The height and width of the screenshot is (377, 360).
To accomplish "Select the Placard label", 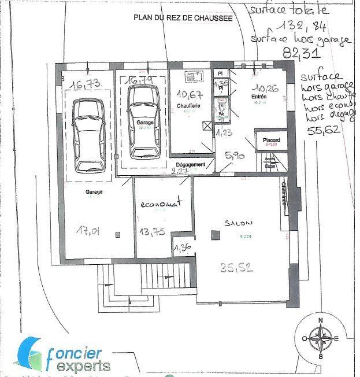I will click(271, 140).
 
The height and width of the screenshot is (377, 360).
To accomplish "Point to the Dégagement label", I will click(191, 164).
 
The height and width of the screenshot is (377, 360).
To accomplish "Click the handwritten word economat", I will click(164, 204).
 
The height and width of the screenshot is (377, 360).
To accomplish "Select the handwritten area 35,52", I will click(237, 267).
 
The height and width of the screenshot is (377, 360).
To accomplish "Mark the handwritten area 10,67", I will click(189, 94).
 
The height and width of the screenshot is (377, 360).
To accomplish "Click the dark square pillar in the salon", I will click(216, 235).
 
